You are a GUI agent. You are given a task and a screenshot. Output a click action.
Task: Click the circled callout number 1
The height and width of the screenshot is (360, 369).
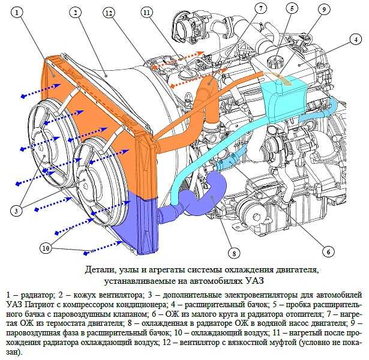[x=17, y=13]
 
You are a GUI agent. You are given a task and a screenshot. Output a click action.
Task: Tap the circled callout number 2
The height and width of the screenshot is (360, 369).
[x=76, y=13]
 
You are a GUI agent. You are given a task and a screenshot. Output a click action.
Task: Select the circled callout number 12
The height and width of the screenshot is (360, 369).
[x=109, y=13]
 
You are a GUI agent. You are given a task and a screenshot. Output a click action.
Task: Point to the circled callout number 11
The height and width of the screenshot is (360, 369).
[x=146, y=13]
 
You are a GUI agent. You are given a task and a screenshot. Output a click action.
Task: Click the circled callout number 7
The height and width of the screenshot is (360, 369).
[x=260, y=9]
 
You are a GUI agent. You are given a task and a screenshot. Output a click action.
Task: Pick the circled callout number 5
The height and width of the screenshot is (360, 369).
[x=292, y=9]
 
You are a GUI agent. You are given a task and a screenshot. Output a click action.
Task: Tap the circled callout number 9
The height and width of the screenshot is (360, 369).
[x=324, y=10]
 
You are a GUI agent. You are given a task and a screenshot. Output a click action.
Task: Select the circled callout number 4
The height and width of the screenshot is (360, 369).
[x=356, y=40]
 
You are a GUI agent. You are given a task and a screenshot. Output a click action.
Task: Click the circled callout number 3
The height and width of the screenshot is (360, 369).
[x=16, y=211]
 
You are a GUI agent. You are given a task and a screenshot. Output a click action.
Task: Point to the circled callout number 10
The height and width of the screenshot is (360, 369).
[x=46, y=248]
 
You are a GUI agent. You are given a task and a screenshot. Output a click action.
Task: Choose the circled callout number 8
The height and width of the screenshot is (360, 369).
[x=234, y=253]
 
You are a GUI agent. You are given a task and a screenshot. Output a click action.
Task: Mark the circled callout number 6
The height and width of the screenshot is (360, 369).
[x=328, y=252]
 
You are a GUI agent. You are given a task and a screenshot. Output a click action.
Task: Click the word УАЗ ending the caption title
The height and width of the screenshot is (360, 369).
[x=254, y=281]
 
